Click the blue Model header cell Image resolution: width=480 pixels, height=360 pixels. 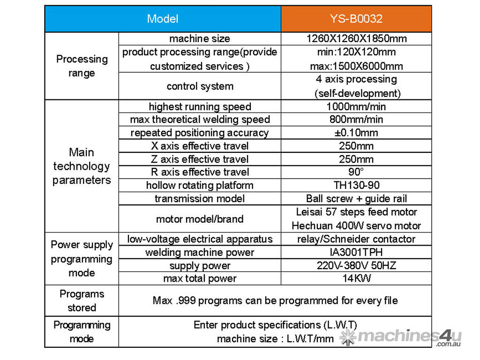coord(163,19)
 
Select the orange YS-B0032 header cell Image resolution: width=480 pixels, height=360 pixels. coord(356,19)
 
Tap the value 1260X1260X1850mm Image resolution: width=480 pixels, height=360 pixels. coord(356,39)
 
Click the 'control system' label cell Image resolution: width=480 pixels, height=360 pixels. coord(200,86)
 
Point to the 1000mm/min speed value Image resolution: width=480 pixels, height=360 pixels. coord(356,106)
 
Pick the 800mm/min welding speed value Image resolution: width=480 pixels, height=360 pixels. coord(356,120)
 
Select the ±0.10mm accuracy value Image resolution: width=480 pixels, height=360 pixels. coord(356,133)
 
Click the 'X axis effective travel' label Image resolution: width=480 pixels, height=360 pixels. coord(200,146)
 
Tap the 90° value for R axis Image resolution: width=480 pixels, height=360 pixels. coord(356,172)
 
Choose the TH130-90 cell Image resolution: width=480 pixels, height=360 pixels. coord(356,185)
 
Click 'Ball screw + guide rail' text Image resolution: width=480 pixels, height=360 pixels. coord(356,198)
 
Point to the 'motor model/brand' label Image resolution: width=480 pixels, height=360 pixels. coord(200,219)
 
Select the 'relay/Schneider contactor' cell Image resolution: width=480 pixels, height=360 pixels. coord(356,239)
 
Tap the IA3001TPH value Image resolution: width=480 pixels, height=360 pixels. coord(356,252)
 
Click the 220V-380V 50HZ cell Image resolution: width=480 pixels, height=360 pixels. coord(356,265)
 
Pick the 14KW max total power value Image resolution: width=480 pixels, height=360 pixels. coord(356,278)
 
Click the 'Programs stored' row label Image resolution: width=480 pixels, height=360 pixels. coord(82,300)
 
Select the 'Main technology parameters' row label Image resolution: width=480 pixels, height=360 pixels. coord(82,166)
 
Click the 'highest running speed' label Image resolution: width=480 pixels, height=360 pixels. coord(200,106)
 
